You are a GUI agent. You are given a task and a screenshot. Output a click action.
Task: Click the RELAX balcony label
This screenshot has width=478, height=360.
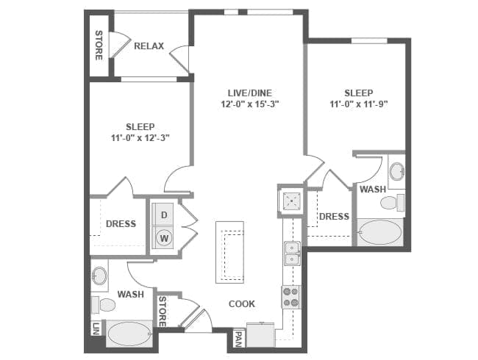149,46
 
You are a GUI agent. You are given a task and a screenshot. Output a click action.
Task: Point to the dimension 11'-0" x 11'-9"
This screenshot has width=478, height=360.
358,104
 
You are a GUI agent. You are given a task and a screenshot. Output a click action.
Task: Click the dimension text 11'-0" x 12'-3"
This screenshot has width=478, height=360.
140,137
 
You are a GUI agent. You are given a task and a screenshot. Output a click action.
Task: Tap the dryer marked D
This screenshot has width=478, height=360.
164,214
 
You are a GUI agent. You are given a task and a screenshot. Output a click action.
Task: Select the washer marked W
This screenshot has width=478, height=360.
164,238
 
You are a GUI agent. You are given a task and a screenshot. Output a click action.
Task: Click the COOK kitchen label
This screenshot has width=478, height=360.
241,303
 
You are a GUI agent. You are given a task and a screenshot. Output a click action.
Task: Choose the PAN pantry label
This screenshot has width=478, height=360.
238,339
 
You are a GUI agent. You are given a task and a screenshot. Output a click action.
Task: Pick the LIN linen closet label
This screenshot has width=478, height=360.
96,329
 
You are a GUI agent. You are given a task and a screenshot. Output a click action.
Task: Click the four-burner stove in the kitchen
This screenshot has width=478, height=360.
290,297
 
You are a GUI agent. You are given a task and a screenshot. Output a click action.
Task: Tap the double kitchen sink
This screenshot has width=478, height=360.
291,253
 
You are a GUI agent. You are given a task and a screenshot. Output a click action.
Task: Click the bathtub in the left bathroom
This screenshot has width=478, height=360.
129,335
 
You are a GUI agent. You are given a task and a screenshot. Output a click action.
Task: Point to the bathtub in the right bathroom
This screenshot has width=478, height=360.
379,234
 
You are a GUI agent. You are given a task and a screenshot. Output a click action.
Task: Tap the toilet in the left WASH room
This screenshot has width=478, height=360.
104,304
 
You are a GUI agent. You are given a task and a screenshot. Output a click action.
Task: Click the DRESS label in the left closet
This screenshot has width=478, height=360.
120,224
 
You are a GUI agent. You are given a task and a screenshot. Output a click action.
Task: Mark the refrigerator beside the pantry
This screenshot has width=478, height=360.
260,335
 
